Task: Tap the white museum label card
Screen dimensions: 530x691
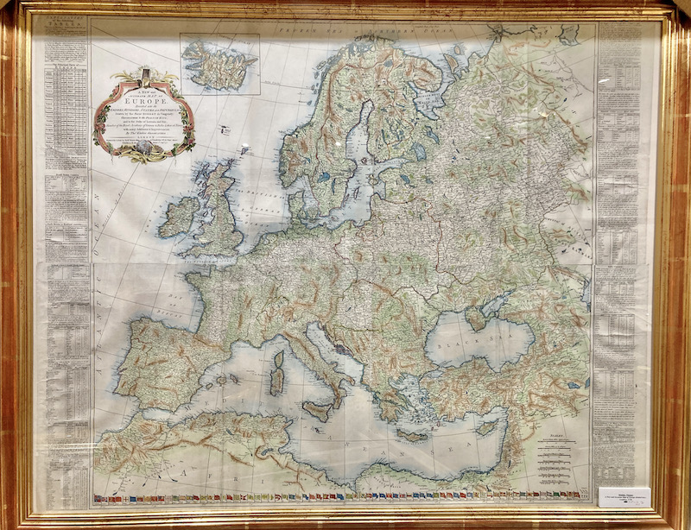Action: (x=624, y=497)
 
